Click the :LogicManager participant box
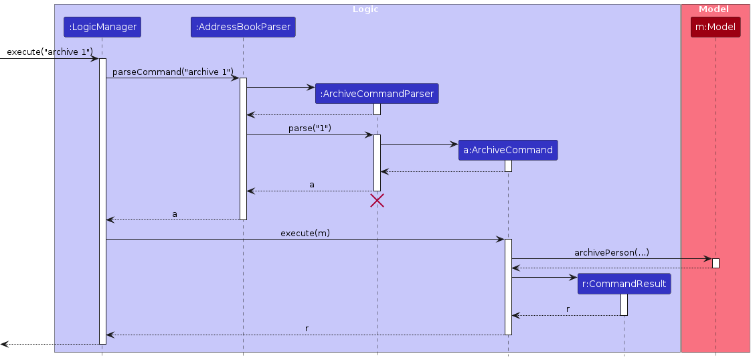[x=102, y=27]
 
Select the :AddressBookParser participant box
[x=243, y=27]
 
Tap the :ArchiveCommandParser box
[x=377, y=94]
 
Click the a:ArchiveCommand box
[x=508, y=150]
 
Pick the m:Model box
[x=716, y=27]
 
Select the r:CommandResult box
[x=624, y=284]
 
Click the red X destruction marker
[x=377, y=200]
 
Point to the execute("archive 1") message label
[x=50, y=52]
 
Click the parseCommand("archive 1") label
[x=173, y=72]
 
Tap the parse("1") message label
[x=309, y=128]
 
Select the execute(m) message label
[x=305, y=233]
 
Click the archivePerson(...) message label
[x=611, y=252]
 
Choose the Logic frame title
[x=365, y=9]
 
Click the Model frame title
[x=714, y=9]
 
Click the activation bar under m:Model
[x=716, y=263]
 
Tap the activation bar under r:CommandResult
[x=624, y=304]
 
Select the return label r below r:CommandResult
[x=568, y=309]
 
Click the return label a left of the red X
[x=311, y=183]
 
